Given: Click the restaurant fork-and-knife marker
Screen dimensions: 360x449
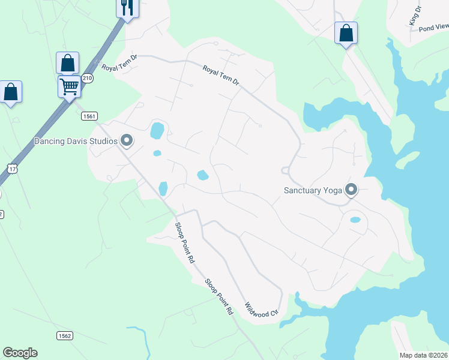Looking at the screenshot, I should tap(127, 8).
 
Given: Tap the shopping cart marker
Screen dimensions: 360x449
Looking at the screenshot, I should tap(69, 86).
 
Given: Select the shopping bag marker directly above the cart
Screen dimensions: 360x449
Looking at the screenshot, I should tap(68, 63).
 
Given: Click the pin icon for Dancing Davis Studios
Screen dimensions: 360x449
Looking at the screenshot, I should tap(127, 140).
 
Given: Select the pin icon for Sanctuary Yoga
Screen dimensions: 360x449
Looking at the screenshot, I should tap(351, 190).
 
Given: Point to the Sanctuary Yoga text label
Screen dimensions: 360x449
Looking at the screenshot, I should tap(312, 191).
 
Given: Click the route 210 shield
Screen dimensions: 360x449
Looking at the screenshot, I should tap(88, 78).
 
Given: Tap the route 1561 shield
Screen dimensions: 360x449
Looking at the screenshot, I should tap(88, 116).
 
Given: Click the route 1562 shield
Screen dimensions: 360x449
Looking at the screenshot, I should tap(65, 335).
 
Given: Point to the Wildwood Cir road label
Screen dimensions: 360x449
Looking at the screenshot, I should tap(262, 310).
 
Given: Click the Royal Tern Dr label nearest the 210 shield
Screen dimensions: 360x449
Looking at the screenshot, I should tap(119, 62).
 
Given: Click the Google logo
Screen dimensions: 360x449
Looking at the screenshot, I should tap(20, 353).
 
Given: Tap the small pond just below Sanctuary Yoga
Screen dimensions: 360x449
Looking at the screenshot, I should tap(355, 220).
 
